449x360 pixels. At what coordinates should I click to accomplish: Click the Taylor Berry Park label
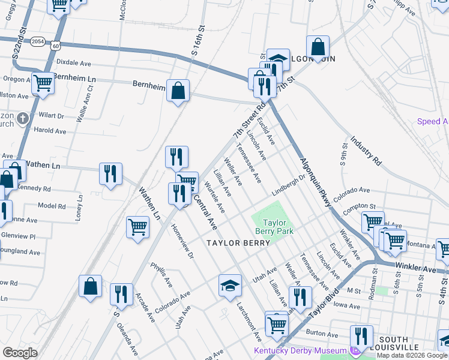point(277,226)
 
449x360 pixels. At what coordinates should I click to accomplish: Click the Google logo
point(20,352)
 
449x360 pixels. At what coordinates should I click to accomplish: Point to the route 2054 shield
point(38,41)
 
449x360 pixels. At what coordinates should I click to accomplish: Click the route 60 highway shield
point(55,45)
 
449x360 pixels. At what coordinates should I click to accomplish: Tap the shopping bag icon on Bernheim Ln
point(178,92)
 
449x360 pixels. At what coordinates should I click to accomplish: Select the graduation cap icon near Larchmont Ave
point(230,286)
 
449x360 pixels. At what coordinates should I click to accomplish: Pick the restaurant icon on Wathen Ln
point(110,174)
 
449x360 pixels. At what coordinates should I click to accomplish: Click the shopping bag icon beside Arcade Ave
point(90,287)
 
